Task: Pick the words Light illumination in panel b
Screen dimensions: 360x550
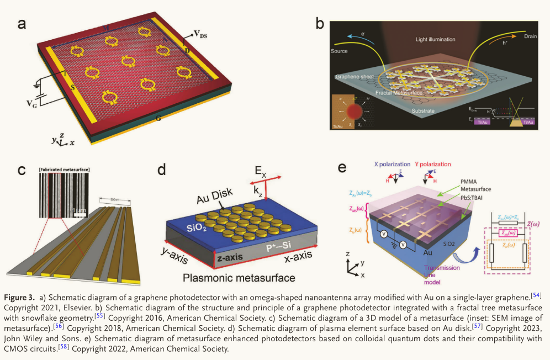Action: click(435, 40)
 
